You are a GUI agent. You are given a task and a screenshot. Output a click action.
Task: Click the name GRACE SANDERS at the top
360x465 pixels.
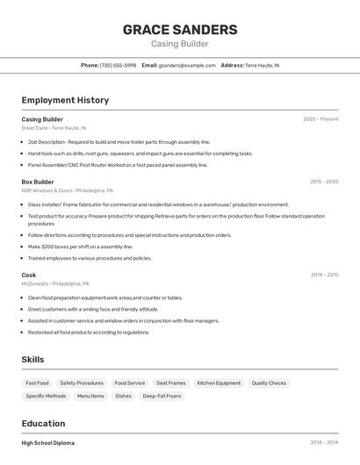click(180, 29)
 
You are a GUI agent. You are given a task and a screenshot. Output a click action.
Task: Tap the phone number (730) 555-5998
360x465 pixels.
click(118, 65)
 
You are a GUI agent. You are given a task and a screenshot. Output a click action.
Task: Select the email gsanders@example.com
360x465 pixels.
click(187, 65)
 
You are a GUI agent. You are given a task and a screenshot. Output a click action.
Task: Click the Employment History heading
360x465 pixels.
click(65, 100)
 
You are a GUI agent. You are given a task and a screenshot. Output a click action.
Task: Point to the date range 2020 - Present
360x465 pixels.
click(320, 119)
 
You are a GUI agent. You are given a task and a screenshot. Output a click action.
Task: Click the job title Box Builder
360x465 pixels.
click(38, 182)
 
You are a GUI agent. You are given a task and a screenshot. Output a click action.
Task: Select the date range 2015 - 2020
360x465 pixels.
click(324, 182)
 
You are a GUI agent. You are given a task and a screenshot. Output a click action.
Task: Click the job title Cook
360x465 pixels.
click(29, 275)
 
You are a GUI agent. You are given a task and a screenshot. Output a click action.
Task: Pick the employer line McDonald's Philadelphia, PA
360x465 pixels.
click(55, 284)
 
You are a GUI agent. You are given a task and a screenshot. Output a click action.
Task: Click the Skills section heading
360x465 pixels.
click(32, 360)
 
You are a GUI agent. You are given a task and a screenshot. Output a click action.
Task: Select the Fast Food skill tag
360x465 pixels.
click(38, 383)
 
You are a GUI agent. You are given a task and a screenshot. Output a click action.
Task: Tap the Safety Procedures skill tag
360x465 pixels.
click(82, 383)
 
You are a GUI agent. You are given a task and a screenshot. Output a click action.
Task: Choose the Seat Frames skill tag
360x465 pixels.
click(171, 383)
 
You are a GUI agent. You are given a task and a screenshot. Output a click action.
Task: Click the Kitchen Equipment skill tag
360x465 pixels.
click(219, 383)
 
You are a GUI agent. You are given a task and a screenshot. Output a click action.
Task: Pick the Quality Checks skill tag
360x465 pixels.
click(269, 383)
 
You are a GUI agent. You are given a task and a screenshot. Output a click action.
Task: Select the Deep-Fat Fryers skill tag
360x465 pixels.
click(162, 396)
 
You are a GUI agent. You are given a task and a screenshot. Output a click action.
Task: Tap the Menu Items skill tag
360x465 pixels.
click(90, 396)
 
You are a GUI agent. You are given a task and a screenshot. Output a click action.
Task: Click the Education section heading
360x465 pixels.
click(43, 423)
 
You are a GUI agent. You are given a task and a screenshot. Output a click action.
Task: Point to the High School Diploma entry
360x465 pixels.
click(48, 443)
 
